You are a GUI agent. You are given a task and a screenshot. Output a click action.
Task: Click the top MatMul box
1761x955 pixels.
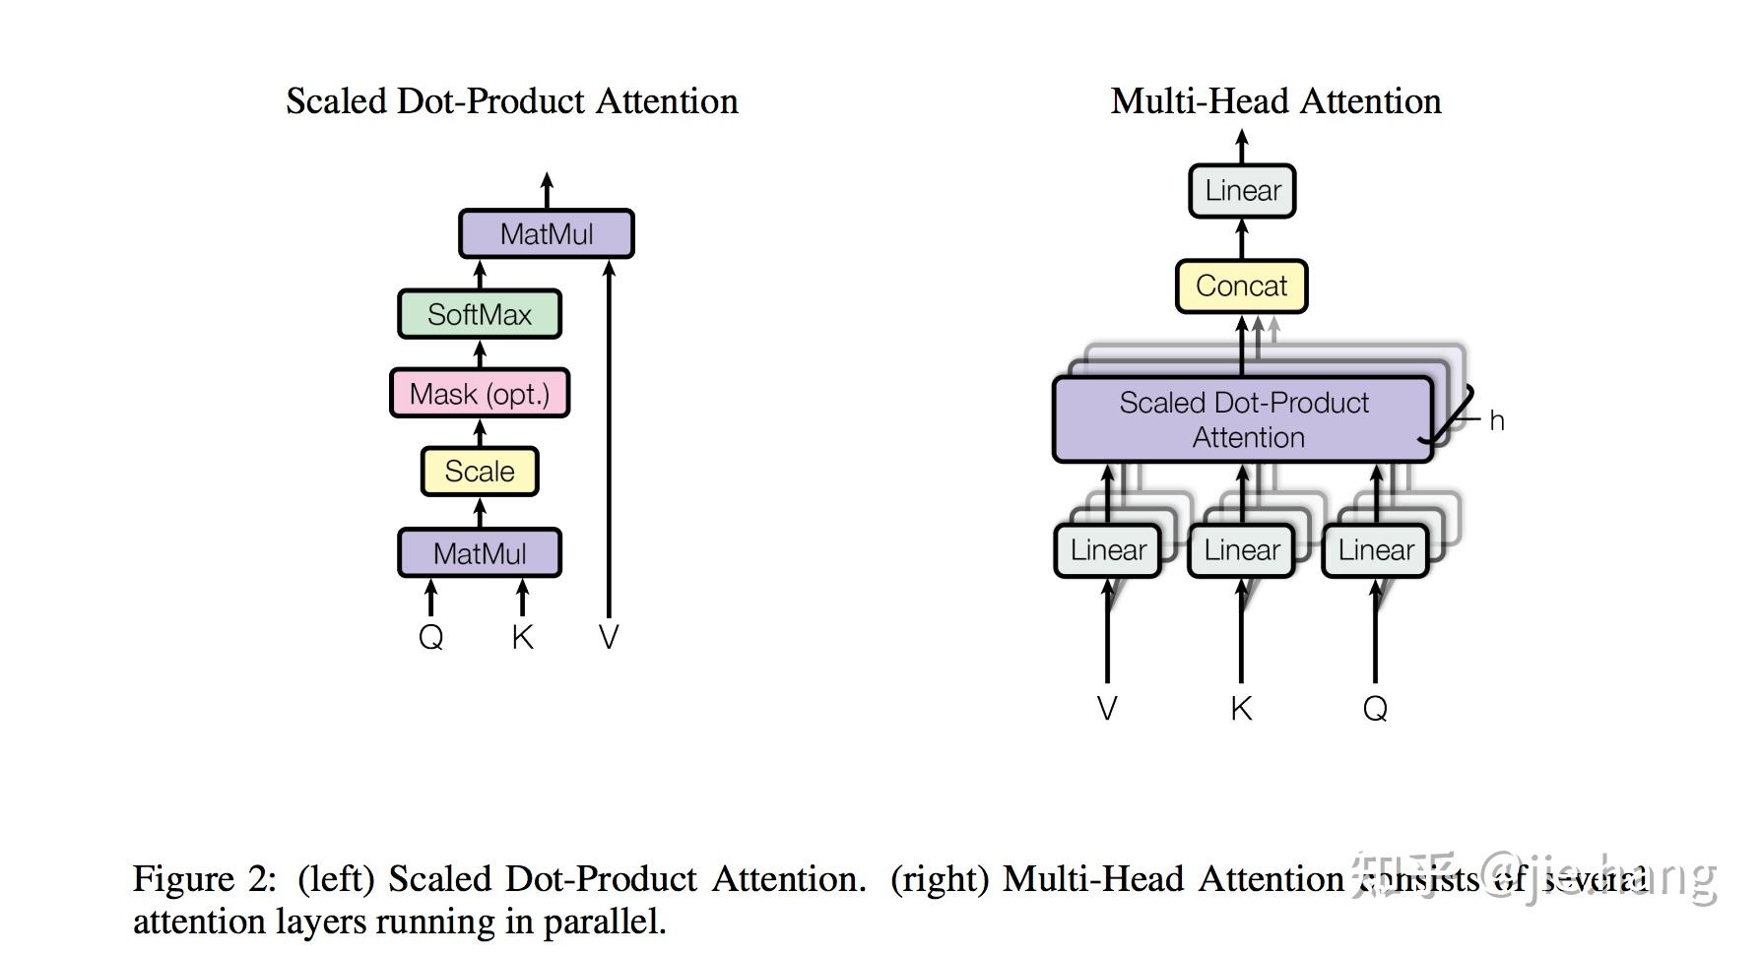547,234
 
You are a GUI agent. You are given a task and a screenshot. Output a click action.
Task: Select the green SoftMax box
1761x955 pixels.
480,314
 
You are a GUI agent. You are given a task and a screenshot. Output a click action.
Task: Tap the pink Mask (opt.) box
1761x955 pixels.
480,394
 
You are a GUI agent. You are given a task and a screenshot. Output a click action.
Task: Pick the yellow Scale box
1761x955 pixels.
480,472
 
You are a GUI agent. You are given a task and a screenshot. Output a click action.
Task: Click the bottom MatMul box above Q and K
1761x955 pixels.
480,553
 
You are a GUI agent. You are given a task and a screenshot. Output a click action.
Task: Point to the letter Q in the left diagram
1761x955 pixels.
431,637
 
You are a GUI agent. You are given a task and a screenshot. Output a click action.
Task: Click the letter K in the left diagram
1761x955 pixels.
522,637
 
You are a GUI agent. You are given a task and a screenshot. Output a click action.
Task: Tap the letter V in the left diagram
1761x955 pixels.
609,637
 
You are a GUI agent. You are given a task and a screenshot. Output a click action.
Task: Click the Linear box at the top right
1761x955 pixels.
1242,191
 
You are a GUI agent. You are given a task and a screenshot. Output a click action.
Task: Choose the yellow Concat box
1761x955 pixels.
1241,286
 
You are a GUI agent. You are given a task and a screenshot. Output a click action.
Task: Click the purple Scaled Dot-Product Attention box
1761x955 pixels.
1243,419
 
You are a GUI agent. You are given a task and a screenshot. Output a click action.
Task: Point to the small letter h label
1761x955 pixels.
1496,421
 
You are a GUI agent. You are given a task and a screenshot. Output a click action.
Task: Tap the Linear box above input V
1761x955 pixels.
1108,550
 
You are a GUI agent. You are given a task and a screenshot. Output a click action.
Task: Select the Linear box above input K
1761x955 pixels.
1241,550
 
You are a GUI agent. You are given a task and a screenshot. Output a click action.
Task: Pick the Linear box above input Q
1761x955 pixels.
1375,550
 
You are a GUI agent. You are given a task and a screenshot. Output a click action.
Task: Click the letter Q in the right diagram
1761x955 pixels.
1375,709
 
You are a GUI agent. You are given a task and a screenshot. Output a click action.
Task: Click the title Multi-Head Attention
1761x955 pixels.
1275,101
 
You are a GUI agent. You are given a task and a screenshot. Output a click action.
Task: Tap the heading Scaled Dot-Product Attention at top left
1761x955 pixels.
512,101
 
